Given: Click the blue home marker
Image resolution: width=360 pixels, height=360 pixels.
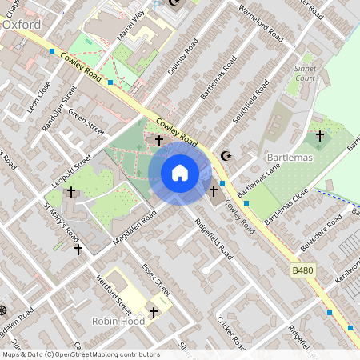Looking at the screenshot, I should coord(180,173).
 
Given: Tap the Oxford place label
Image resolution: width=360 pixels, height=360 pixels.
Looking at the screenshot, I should coord(22,25).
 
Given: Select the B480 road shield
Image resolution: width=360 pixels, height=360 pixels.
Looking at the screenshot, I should coord(302,272).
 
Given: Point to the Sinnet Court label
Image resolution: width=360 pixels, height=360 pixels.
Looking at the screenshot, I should coord(303,74).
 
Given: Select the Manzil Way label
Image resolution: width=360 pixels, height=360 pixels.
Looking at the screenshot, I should coord(132,27).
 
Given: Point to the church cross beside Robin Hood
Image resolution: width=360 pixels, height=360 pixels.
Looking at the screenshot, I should coord(154,311).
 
